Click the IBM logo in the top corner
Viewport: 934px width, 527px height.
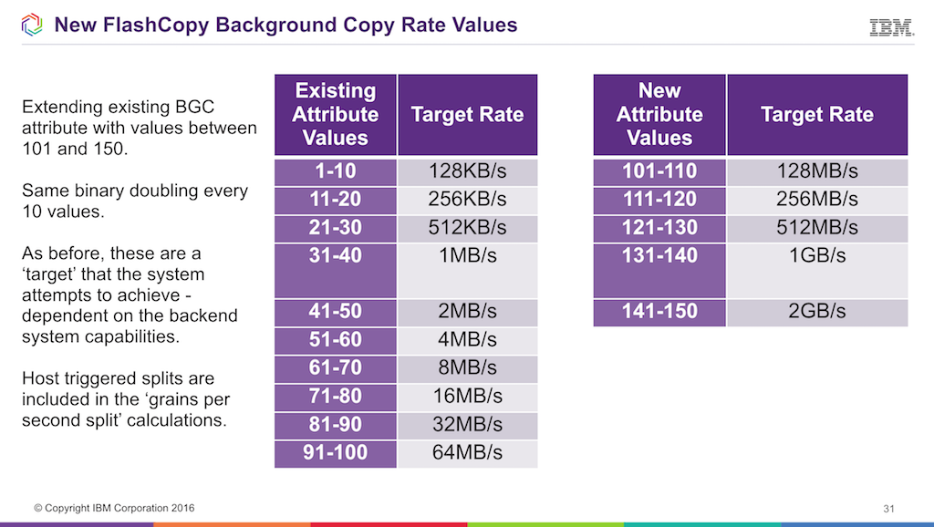tap(891, 27)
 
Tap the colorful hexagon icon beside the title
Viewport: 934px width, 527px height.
tap(31, 25)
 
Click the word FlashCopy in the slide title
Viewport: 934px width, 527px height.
tap(156, 25)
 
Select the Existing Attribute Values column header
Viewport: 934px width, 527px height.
tap(336, 115)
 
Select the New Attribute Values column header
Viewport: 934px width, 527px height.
tap(659, 115)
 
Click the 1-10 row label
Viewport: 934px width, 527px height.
tap(336, 171)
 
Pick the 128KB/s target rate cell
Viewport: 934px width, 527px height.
tap(467, 171)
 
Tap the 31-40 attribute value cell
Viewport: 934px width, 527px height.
tap(336, 256)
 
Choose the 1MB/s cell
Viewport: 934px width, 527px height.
tap(467, 256)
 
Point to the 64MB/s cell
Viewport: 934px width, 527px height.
tap(467, 453)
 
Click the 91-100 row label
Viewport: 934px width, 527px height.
tap(336, 453)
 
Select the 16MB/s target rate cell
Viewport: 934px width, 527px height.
tap(467, 397)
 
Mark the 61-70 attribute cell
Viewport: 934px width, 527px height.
tap(336, 368)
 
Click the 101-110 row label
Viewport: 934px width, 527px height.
tap(659, 171)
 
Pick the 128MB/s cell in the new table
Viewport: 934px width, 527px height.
tap(816, 171)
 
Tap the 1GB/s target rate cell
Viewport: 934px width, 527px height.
tap(816, 256)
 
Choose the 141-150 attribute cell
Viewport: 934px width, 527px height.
tap(659, 312)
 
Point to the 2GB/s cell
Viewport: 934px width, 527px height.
tap(816, 312)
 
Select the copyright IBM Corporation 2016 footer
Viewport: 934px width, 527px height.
tap(114, 508)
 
